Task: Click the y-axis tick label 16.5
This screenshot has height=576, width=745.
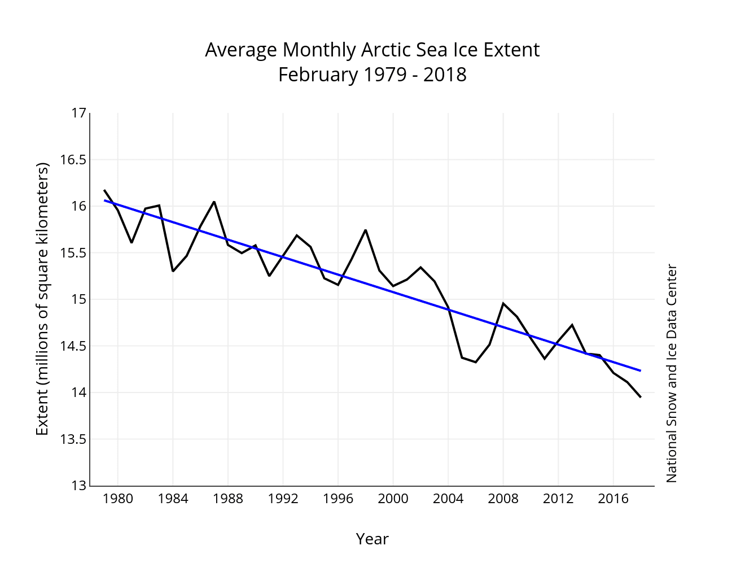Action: tap(73, 160)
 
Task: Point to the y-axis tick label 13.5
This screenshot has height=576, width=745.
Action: tap(73, 439)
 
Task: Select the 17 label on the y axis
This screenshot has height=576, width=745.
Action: tap(79, 114)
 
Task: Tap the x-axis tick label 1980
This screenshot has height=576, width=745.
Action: tap(118, 499)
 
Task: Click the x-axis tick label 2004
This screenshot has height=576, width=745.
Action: tap(448, 499)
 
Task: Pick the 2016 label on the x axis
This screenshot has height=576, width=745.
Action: tap(613, 499)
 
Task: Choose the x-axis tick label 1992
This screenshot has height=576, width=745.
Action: tap(283, 499)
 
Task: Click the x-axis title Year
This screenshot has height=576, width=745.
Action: tap(372, 539)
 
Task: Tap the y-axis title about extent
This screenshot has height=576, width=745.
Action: tap(43, 299)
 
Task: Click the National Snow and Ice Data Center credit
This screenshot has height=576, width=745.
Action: tap(671, 373)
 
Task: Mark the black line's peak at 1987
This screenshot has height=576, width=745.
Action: tap(214, 202)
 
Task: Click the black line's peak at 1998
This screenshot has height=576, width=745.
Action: tap(366, 230)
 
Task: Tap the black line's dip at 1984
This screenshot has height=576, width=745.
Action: tap(173, 271)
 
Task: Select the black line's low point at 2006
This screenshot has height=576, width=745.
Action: tap(476, 362)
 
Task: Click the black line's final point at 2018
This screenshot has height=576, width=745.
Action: tap(641, 398)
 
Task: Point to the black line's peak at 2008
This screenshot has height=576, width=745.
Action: tap(503, 304)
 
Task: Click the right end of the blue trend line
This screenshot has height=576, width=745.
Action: tap(641, 370)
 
